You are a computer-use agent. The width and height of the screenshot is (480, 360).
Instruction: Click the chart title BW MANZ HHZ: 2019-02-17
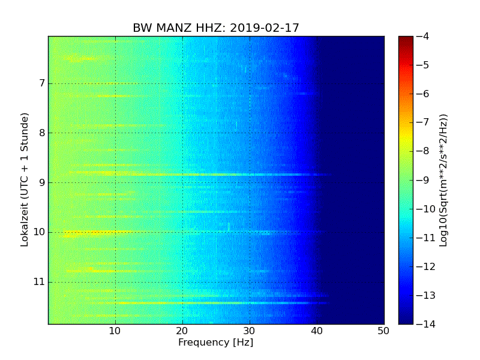[216, 28]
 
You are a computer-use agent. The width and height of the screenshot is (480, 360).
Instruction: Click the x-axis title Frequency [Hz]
[216, 343]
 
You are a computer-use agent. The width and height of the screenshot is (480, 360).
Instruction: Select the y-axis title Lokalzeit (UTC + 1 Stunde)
[25, 180]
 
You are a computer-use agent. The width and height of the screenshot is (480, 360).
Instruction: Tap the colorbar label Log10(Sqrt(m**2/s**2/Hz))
[443, 180]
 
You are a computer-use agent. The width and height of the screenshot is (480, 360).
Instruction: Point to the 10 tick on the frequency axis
[115, 331]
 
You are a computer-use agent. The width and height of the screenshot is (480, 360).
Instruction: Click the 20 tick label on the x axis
[182, 331]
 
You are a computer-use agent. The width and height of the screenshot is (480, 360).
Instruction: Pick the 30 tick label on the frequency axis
[250, 331]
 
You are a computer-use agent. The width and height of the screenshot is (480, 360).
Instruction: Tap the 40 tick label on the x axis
[317, 331]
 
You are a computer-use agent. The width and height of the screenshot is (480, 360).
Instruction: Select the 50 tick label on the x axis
[383, 331]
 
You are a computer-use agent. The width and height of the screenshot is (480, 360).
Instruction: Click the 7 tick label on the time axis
[41, 83]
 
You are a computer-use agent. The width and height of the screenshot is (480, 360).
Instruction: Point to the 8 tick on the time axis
[41, 133]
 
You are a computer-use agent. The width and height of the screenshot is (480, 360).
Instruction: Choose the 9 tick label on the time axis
[41, 182]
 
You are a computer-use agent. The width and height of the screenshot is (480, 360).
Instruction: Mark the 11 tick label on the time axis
[40, 281]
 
